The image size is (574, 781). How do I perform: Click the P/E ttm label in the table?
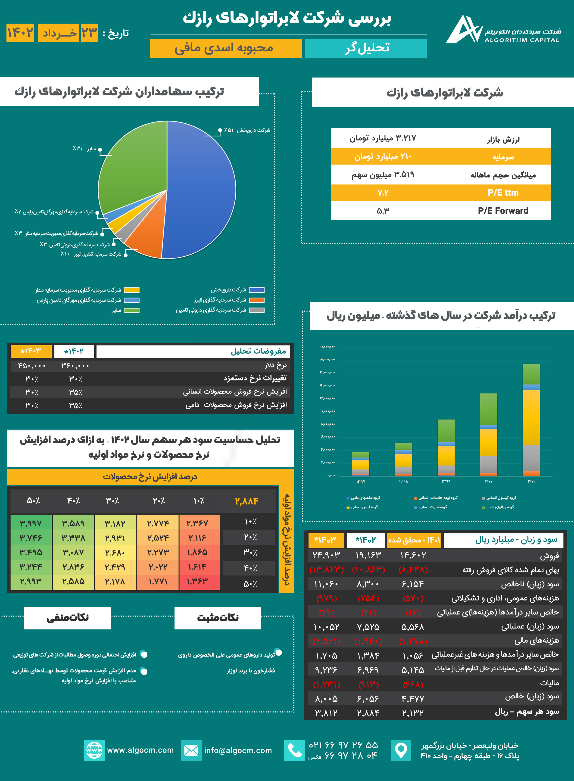[503, 193]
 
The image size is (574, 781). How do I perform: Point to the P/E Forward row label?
[503, 211]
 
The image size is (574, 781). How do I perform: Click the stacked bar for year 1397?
[361, 464]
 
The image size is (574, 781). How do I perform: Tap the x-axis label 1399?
[446, 482]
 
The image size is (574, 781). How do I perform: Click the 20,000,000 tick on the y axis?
[327, 347]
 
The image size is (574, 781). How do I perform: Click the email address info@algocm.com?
[238, 750]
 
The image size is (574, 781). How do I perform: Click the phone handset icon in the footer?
[294, 750]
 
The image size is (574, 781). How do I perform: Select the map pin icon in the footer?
[401, 750]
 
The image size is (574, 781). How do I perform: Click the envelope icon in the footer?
[191, 750]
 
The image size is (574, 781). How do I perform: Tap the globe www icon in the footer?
[94, 750]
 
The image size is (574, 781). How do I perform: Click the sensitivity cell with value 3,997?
[31, 523]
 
